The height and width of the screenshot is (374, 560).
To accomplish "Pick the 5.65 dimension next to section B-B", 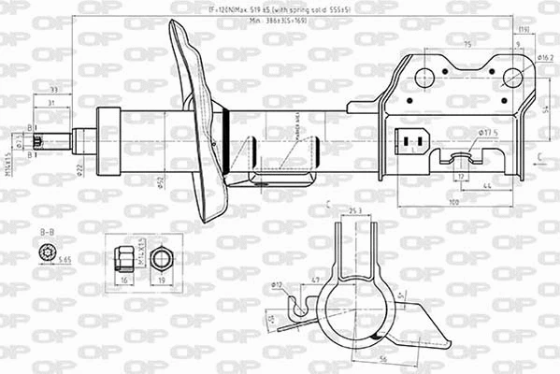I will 65,259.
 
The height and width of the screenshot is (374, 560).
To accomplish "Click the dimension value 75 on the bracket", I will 467,44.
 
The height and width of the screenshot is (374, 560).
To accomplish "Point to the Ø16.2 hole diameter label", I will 546,57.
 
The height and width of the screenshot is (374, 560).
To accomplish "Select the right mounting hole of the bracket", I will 512,77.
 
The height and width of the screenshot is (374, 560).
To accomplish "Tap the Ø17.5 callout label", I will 488,133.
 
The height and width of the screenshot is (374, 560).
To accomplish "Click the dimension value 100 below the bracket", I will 452,202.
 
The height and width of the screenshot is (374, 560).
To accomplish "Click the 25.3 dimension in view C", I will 354,212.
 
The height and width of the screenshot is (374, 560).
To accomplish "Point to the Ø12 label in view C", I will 278,283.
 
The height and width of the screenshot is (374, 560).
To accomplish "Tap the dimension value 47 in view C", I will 315,280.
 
